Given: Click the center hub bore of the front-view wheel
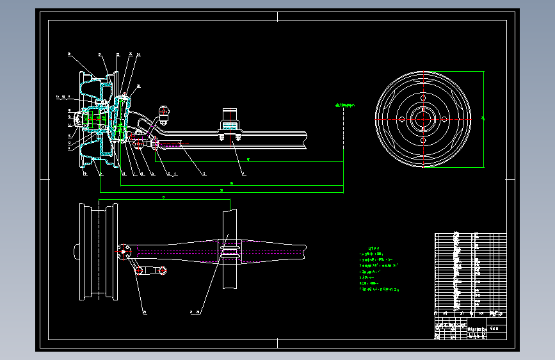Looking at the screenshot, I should click(423, 119).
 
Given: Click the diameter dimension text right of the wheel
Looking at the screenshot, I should click(483, 119).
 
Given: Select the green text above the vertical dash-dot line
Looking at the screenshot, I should click(344, 104).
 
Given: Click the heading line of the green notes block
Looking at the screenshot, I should click(373, 248).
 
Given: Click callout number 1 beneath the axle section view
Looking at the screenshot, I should click(243, 174).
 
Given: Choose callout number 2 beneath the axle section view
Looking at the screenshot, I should click(204, 174).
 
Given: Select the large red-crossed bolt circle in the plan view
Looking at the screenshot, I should click(124, 250).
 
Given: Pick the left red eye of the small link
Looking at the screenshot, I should click(138, 271).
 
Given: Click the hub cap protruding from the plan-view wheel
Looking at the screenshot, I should click(77, 251).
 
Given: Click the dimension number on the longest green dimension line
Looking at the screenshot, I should click(221, 190).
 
